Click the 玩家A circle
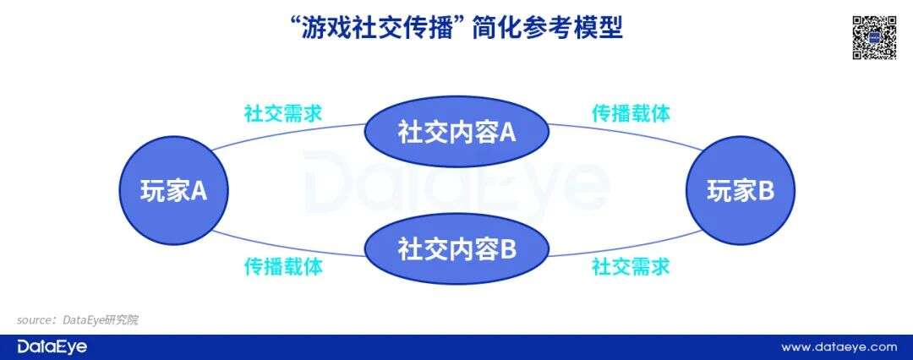(173, 192)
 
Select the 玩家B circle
(740, 192)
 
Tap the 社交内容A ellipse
(456, 133)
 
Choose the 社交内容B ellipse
(456, 249)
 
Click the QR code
(873, 37)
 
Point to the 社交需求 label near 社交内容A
(282, 113)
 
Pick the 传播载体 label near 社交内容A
(631, 113)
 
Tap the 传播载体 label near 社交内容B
(282, 267)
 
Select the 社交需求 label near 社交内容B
(631, 267)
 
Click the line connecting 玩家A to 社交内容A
(287, 133)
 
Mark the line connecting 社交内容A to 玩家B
(626, 133)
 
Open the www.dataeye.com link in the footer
(839, 346)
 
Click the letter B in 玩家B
(764, 192)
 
